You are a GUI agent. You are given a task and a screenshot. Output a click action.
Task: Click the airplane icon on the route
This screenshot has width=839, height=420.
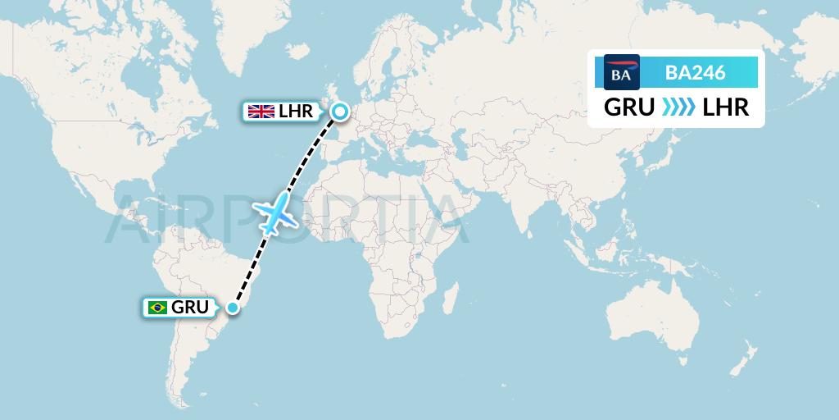[277, 212]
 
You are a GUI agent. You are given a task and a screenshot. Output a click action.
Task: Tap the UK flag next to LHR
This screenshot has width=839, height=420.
[262, 112]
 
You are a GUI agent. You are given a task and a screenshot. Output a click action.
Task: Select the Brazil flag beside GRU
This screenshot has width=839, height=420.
[156, 308]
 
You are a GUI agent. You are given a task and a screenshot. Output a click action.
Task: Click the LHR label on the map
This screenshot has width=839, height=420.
[295, 112]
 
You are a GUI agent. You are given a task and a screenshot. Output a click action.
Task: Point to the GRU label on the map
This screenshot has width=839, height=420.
[189, 308]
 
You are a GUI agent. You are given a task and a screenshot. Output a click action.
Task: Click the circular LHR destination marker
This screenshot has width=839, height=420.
[338, 112]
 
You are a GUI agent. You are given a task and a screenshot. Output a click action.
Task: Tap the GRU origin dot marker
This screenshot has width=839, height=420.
[234, 308]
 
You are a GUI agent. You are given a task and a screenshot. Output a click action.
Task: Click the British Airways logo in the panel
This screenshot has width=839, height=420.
[621, 72]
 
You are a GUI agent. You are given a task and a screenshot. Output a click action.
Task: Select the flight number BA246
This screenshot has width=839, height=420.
[695, 72]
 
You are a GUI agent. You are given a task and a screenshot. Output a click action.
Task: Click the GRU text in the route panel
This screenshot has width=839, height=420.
[629, 107]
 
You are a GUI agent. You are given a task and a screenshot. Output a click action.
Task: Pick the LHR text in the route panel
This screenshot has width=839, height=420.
[726, 107]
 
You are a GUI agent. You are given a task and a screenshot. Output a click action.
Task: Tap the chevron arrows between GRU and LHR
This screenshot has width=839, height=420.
[678, 107]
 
